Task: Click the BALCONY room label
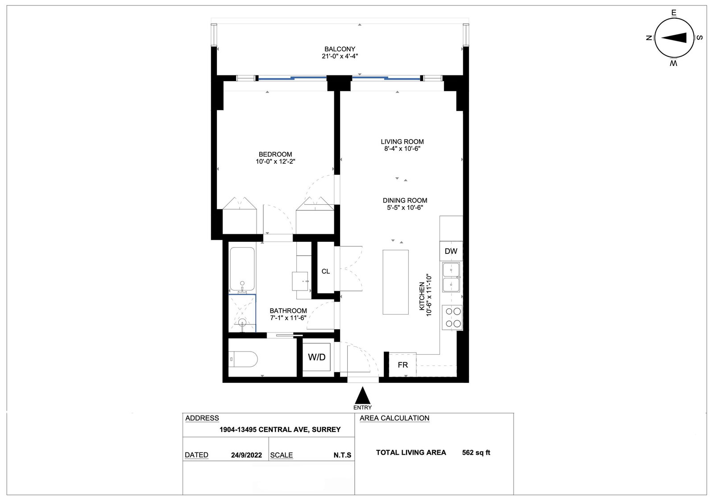(x=340, y=49)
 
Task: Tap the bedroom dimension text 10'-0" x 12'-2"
(x=275, y=162)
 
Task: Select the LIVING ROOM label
(x=402, y=142)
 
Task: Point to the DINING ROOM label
(x=405, y=200)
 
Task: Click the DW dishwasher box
(x=451, y=251)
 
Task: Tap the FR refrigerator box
(x=403, y=365)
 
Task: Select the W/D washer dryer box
(x=316, y=357)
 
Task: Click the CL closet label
(x=326, y=271)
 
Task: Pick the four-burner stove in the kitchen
(x=452, y=317)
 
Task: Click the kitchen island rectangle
(x=395, y=282)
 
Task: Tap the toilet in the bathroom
(x=243, y=360)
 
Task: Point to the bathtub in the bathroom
(x=242, y=269)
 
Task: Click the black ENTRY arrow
(x=363, y=395)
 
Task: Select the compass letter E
(x=674, y=13)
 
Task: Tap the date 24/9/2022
(x=246, y=455)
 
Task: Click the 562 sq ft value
(x=476, y=452)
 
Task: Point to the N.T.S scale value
(x=342, y=455)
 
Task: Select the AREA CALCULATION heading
(x=394, y=418)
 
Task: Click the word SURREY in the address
(x=326, y=430)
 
